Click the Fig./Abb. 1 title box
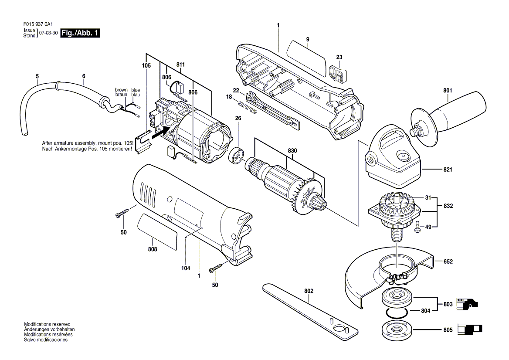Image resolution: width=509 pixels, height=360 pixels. click(x=80, y=33)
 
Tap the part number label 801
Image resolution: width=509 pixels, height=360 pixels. click(x=448, y=91)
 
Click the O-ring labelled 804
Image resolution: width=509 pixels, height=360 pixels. click(x=397, y=312)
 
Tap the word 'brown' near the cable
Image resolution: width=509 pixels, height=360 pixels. click(x=121, y=90)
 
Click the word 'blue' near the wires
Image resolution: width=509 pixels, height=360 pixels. click(x=136, y=90)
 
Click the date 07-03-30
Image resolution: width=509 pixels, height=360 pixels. click(x=48, y=33)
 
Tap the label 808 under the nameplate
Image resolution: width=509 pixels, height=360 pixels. click(x=152, y=249)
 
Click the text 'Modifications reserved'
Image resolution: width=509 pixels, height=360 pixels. click(x=47, y=325)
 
